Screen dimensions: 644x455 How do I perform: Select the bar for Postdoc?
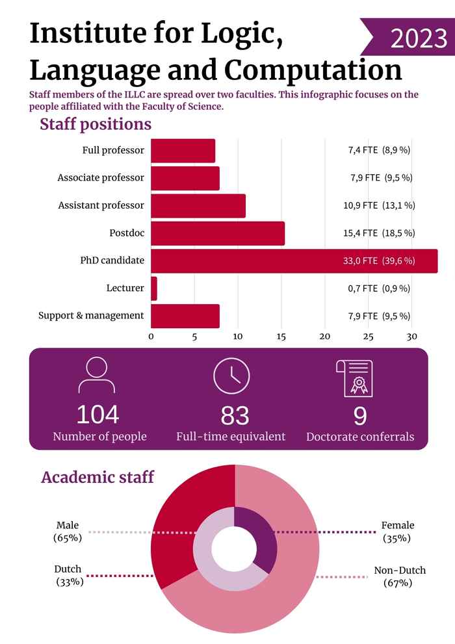coord(218,233)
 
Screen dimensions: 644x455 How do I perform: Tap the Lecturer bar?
coord(154,289)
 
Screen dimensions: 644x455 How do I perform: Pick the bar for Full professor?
coord(183,151)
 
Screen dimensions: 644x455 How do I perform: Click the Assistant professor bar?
coord(198,206)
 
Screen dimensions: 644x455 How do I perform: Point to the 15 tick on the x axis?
coord(281,337)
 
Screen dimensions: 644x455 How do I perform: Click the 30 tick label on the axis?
coord(411,337)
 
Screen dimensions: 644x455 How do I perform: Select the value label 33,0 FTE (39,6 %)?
coord(379,261)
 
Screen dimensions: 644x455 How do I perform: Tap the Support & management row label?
coord(91,316)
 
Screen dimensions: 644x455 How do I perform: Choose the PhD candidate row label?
coord(112,261)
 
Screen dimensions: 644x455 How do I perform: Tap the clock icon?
coord(231,376)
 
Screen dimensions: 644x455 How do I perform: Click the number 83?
coord(235,415)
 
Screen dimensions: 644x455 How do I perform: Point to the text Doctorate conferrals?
coord(360,437)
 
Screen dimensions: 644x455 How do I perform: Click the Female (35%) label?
coord(398,532)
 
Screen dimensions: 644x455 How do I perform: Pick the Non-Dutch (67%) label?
coord(400,576)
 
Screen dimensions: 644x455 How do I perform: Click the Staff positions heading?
coord(96,124)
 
